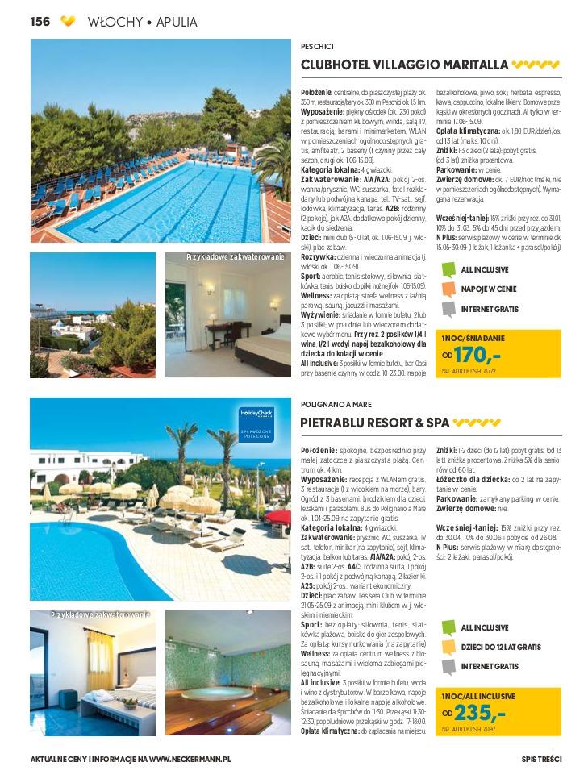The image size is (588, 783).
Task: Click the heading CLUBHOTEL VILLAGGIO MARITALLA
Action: point(404,65)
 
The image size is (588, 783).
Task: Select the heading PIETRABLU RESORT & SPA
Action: point(374,422)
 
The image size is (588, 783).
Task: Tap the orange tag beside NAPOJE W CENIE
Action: point(449,289)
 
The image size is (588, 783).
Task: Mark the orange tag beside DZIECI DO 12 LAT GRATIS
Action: point(449,647)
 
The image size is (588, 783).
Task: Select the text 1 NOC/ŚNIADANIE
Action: point(473,338)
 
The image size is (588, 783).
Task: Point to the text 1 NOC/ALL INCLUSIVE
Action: point(477,695)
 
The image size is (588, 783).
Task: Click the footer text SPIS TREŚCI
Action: point(541,759)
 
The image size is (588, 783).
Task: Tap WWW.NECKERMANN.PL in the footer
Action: point(190,759)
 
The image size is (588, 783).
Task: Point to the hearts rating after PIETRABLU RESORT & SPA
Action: point(477,422)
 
